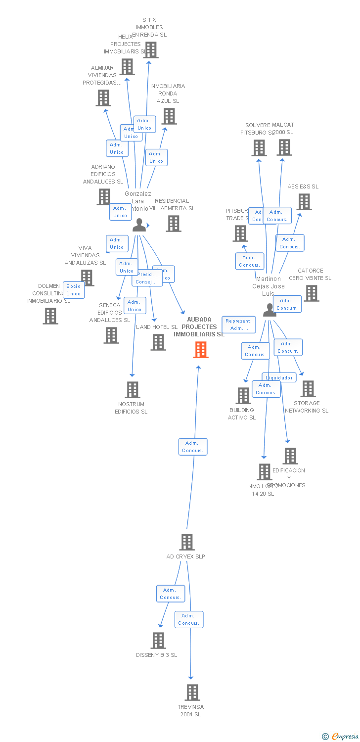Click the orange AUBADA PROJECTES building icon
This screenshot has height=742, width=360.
[x=200, y=350]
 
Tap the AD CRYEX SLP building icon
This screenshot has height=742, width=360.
[x=187, y=542]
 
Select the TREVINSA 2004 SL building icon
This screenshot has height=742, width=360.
[x=192, y=693]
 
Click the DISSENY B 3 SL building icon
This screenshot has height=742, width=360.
[x=158, y=641]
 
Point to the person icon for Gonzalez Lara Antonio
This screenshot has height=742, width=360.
[x=139, y=225]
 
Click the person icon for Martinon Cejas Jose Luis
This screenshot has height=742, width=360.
[x=269, y=310]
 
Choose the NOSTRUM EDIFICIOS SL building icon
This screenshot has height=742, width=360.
[x=132, y=390]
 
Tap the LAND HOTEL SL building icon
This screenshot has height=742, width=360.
[x=158, y=342]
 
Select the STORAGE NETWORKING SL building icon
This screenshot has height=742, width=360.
[x=308, y=389]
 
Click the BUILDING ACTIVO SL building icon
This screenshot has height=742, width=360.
[x=243, y=396]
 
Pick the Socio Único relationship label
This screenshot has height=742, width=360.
[x=74, y=290]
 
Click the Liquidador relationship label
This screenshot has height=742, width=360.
[x=279, y=377]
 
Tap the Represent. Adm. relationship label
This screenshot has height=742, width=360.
[x=239, y=325]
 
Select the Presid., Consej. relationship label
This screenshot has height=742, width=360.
[x=147, y=278]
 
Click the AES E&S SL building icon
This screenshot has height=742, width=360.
[x=304, y=201]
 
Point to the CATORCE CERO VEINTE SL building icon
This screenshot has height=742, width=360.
[x=311, y=293]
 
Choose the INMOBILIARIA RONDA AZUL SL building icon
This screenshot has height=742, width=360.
[x=169, y=116]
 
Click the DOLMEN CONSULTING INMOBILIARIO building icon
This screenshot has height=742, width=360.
[x=50, y=316]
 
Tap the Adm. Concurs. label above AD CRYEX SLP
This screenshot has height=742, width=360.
[x=192, y=447]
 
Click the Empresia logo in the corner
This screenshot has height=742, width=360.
[x=341, y=737]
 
